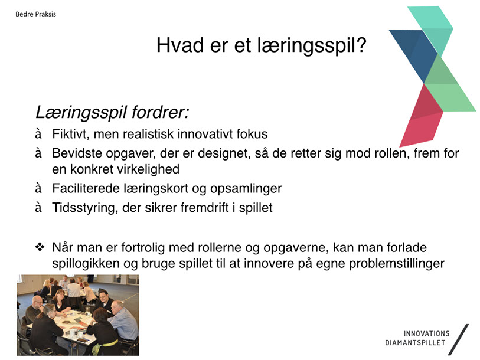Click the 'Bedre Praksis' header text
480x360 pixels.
(35, 14)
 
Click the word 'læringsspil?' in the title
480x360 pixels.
(312, 46)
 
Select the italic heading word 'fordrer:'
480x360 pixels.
(160, 112)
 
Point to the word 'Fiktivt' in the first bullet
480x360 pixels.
(69, 134)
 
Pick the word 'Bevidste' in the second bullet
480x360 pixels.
(77, 153)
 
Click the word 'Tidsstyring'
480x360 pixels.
(84, 208)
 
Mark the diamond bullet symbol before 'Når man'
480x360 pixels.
(40, 247)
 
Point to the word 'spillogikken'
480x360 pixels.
(86, 264)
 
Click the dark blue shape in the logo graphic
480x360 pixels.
(414, 54)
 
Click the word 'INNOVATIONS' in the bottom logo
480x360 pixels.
(426, 333)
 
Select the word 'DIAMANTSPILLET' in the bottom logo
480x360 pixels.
(415, 342)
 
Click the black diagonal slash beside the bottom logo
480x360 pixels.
(458, 339)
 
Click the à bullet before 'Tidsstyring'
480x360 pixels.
(38, 208)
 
